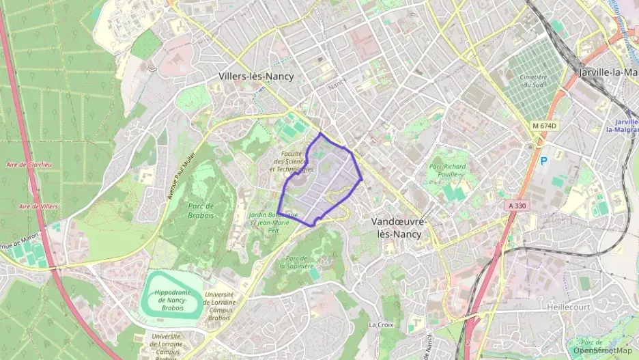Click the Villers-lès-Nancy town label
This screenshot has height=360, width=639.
click(x=256, y=77)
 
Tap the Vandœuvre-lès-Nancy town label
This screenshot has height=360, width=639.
click(x=399, y=227)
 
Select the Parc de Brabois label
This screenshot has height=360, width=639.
click(x=201, y=210)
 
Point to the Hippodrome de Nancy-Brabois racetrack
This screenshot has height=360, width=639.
click(x=171, y=295)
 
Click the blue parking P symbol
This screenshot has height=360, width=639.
click(x=543, y=161)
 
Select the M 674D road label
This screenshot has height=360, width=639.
click(x=545, y=126)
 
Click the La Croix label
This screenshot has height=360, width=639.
click(x=381, y=324)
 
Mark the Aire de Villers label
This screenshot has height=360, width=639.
click(x=36, y=206)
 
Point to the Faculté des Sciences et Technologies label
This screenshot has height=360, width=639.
click(x=292, y=161)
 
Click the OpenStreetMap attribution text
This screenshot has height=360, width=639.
click(x=602, y=350)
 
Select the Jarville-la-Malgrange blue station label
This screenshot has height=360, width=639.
click(x=623, y=124)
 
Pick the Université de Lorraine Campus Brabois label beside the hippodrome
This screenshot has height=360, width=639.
click(x=220, y=307)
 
